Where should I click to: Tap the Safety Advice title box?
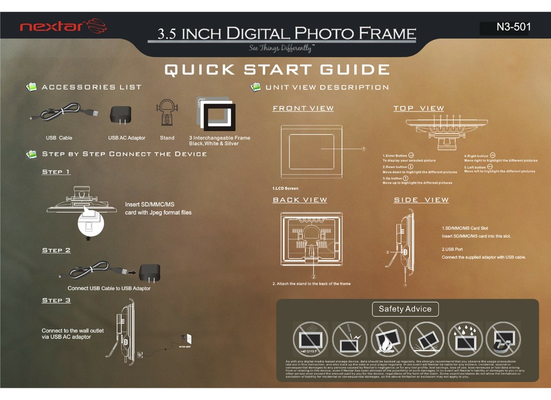(x=405, y=309)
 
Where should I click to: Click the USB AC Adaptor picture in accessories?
(x=121, y=114)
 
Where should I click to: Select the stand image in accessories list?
(x=167, y=114)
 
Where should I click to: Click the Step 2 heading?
(x=56, y=250)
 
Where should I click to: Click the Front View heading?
(x=303, y=108)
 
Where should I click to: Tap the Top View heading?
(x=419, y=108)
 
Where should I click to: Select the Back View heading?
(x=300, y=200)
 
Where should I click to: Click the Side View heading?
(x=421, y=200)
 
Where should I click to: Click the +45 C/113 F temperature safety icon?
(x=310, y=339)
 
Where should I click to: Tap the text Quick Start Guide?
(x=277, y=70)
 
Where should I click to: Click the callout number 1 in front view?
(x=364, y=149)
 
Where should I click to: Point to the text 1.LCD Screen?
(x=285, y=189)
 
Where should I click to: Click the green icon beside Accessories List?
(x=32, y=87)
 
